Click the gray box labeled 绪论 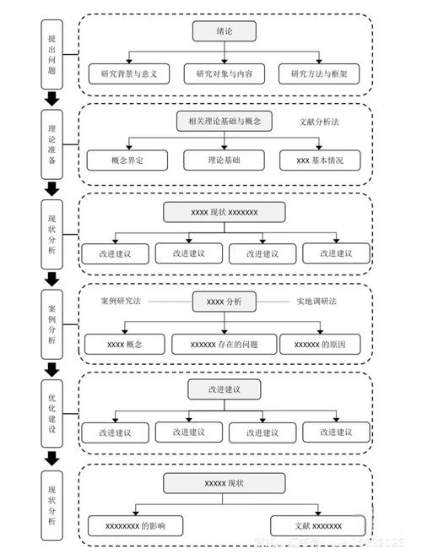(x=223, y=31)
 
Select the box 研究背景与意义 (x=129, y=73)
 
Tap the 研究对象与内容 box (x=224, y=73)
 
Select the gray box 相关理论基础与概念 (x=225, y=122)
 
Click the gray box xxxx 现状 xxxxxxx (x=225, y=212)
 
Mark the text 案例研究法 (x=120, y=301)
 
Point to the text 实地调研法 (x=316, y=301)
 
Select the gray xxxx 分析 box (x=224, y=302)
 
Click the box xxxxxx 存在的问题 (x=224, y=345)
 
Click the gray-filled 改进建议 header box (x=225, y=389)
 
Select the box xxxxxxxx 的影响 (x=135, y=525)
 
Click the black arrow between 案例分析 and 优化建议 (x=52, y=368)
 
